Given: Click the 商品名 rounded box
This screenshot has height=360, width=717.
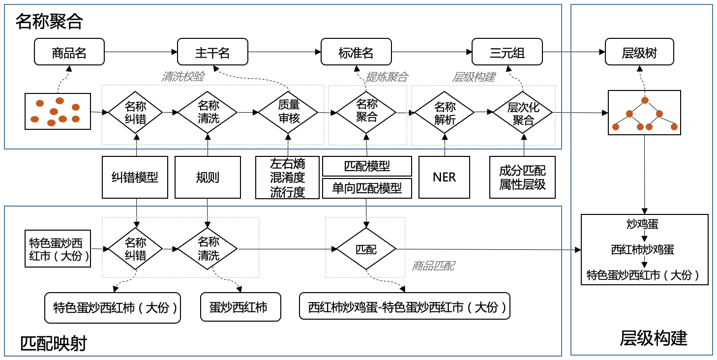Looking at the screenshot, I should pyautogui.click(x=69, y=52).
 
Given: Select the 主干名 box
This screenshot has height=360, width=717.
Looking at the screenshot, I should pyautogui.click(x=212, y=52).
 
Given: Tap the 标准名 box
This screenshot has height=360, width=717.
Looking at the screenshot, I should pyautogui.click(x=356, y=52).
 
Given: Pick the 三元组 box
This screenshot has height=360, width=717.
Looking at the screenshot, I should pyautogui.click(x=507, y=52).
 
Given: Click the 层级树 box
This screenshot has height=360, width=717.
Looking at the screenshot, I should pyautogui.click(x=639, y=52).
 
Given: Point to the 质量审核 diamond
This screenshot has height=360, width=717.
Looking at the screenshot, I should pyautogui.click(x=288, y=113).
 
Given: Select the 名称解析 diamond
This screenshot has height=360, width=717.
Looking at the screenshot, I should pyautogui.click(x=445, y=113).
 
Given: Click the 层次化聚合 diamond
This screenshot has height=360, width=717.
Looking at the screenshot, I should pyautogui.click(x=523, y=113).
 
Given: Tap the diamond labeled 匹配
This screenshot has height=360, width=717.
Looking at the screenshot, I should pyautogui.click(x=366, y=249).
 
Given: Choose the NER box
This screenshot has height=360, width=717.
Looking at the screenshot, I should pyautogui.click(x=445, y=177).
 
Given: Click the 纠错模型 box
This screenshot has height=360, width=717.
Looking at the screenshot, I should pyautogui.click(x=135, y=177).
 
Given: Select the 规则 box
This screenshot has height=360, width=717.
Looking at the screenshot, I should pyautogui.click(x=208, y=177).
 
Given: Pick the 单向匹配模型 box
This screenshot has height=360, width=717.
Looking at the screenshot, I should pyautogui.click(x=367, y=188).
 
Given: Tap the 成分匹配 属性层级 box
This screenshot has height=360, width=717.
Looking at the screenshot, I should pyautogui.click(x=522, y=177).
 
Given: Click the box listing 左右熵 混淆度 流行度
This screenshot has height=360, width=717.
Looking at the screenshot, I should pyautogui.click(x=288, y=177).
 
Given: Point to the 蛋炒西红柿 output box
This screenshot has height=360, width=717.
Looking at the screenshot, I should pyautogui.click(x=240, y=308).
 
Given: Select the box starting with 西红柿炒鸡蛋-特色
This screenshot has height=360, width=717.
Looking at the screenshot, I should pyautogui.click(x=405, y=308).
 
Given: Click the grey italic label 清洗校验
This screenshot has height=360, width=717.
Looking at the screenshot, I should pyautogui.click(x=183, y=77).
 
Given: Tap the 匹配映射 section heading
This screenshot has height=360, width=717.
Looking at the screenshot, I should pyautogui.click(x=54, y=343).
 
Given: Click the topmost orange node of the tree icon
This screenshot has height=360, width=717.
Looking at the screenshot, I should pyautogui.click(x=645, y=101).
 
